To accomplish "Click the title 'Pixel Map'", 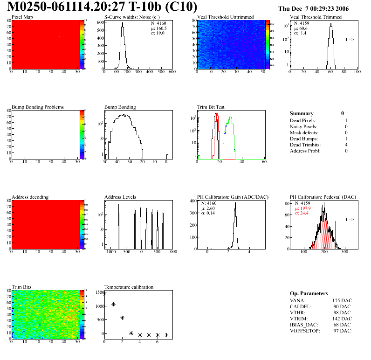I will click(22, 17).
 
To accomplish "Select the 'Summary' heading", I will click(302, 113).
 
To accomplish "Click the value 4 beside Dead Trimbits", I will click(346, 145).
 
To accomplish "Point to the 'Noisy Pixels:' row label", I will click(303, 126).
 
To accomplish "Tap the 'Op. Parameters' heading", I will click(309, 293).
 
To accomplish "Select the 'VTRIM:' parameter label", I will click(299, 318).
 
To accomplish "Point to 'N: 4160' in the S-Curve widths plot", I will click(157, 23).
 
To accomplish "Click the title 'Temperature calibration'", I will click(129, 287).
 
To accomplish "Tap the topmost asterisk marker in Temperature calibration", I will click(104, 294).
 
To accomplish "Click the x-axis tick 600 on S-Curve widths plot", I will click(172, 72).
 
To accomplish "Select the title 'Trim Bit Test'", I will click(211, 107).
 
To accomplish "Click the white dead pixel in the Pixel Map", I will click(60, 36).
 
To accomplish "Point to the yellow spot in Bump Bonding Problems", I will click(60, 126).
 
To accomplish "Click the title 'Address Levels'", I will click(120, 197).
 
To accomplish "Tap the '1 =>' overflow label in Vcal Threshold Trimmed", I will click(350, 40).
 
